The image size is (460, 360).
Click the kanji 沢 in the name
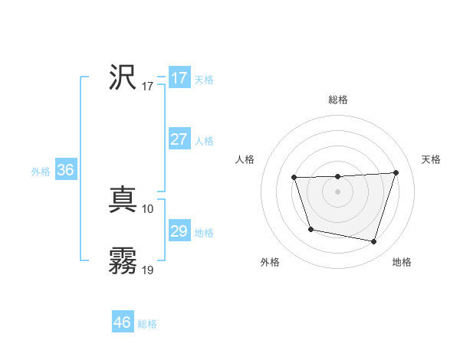[123, 77]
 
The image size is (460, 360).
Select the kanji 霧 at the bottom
[123, 261]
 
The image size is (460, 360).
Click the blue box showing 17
[179, 78]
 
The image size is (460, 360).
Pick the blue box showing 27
[179, 139]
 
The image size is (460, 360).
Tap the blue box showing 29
[179, 231]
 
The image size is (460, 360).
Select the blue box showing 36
[65, 170]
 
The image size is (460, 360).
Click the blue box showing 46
[122, 322]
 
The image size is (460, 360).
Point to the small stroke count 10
[148, 209]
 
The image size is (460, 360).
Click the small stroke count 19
[148, 270]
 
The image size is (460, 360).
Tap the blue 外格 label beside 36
[41, 172]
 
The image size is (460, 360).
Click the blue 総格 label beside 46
[147, 324]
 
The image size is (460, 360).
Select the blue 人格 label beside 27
[204, 141]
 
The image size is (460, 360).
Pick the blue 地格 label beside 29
[204, 233]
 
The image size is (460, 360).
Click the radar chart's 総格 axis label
[337, 100]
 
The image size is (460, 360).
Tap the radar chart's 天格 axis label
[431, 159]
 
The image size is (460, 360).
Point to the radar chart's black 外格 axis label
[270, 262]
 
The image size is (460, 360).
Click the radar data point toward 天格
[396, 172]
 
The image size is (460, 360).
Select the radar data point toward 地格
[374, 242]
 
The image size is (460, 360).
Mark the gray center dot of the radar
[337, 191]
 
